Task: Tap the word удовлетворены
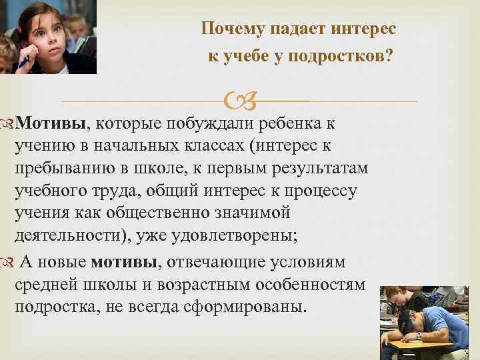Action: coord(247,237)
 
